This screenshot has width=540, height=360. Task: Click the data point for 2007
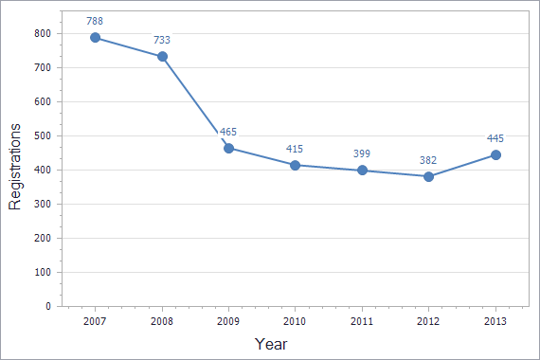(96, 38)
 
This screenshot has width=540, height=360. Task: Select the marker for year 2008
(162, 56)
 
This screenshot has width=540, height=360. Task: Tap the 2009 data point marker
(228, 148)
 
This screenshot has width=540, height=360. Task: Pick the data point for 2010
(296, 165)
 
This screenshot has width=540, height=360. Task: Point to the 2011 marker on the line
(362, 171)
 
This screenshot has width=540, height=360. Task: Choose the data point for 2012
(428, 176)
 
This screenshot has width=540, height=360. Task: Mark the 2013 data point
(495, 154)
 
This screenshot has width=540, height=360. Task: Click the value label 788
(95, 21)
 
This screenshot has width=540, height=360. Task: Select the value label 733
(162, 40)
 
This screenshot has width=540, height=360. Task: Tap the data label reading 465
(228, 132)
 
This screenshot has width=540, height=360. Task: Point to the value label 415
(296, 149)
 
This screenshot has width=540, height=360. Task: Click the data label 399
(362, 154)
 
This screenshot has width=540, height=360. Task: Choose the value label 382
(428, 160)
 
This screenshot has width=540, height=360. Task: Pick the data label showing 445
(495, 138)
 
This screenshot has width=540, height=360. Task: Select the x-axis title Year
(270, 345)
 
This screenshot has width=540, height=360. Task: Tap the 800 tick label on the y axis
(42, 33)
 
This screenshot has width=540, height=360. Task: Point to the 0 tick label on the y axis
(48, 306)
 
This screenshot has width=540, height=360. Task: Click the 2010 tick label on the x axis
(296, 322)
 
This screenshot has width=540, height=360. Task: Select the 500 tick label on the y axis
(42, 135)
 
